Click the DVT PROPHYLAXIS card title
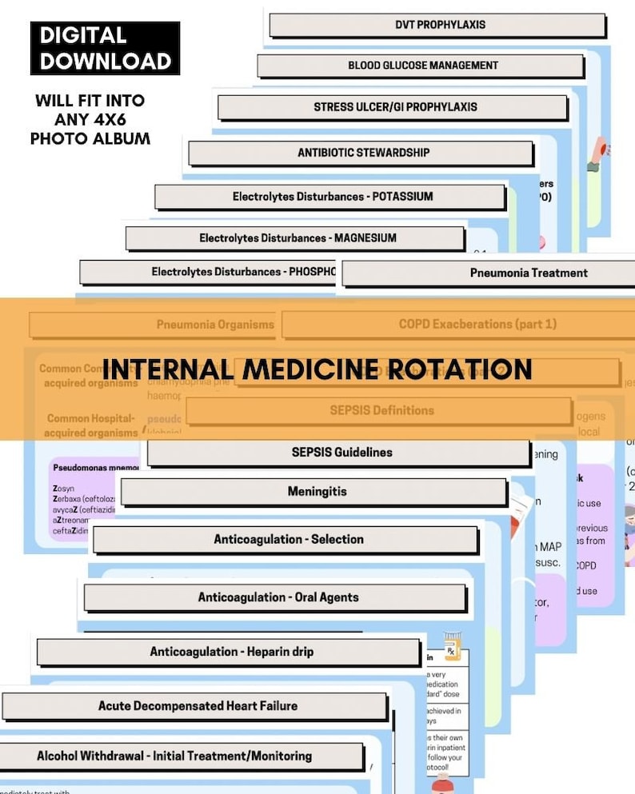click(440, 25)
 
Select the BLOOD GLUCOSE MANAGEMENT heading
click(422, 66)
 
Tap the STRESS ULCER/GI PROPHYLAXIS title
click(395, 107)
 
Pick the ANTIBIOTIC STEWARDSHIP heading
click(363, 153)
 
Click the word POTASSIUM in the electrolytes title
click(400, 197)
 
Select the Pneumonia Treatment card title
click(528, 273)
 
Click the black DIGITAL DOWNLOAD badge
click(105, 48)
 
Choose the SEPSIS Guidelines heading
click(341, 453)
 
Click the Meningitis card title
click(317, 492)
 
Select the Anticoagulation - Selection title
click(288, 540)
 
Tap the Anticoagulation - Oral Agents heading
click(278, 597)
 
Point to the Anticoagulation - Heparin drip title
click(231, 652)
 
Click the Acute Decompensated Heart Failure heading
click(198, 706)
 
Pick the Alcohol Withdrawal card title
click(174, 756)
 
